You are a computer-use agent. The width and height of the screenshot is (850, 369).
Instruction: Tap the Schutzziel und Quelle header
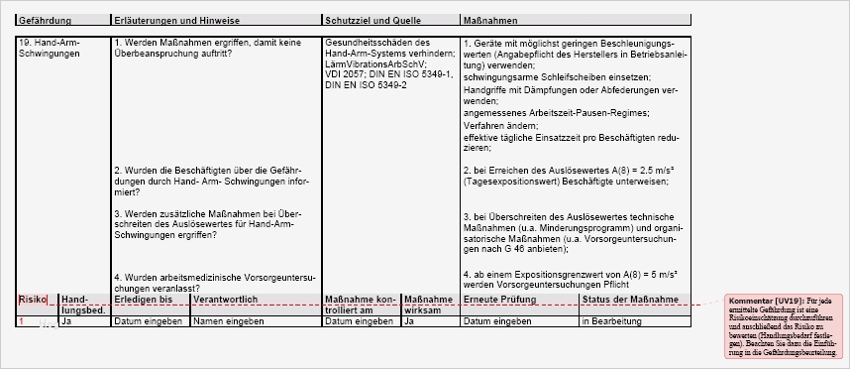(362, 20)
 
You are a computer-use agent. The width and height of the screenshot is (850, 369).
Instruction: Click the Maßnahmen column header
(488, 20)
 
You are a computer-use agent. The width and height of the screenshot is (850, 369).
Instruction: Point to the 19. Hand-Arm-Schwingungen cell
(50, 48)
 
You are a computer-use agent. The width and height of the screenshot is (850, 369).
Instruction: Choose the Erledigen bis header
(144, 299)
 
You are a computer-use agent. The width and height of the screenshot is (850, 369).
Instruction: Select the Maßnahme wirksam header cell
(428, 305)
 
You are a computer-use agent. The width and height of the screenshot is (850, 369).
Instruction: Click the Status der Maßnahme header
(630, 299)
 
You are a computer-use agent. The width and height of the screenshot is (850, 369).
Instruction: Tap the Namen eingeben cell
(227, 321)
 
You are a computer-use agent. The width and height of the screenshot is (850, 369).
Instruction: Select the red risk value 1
(22, 321)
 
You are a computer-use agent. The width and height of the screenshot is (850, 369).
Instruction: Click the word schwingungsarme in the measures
(496, 75)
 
